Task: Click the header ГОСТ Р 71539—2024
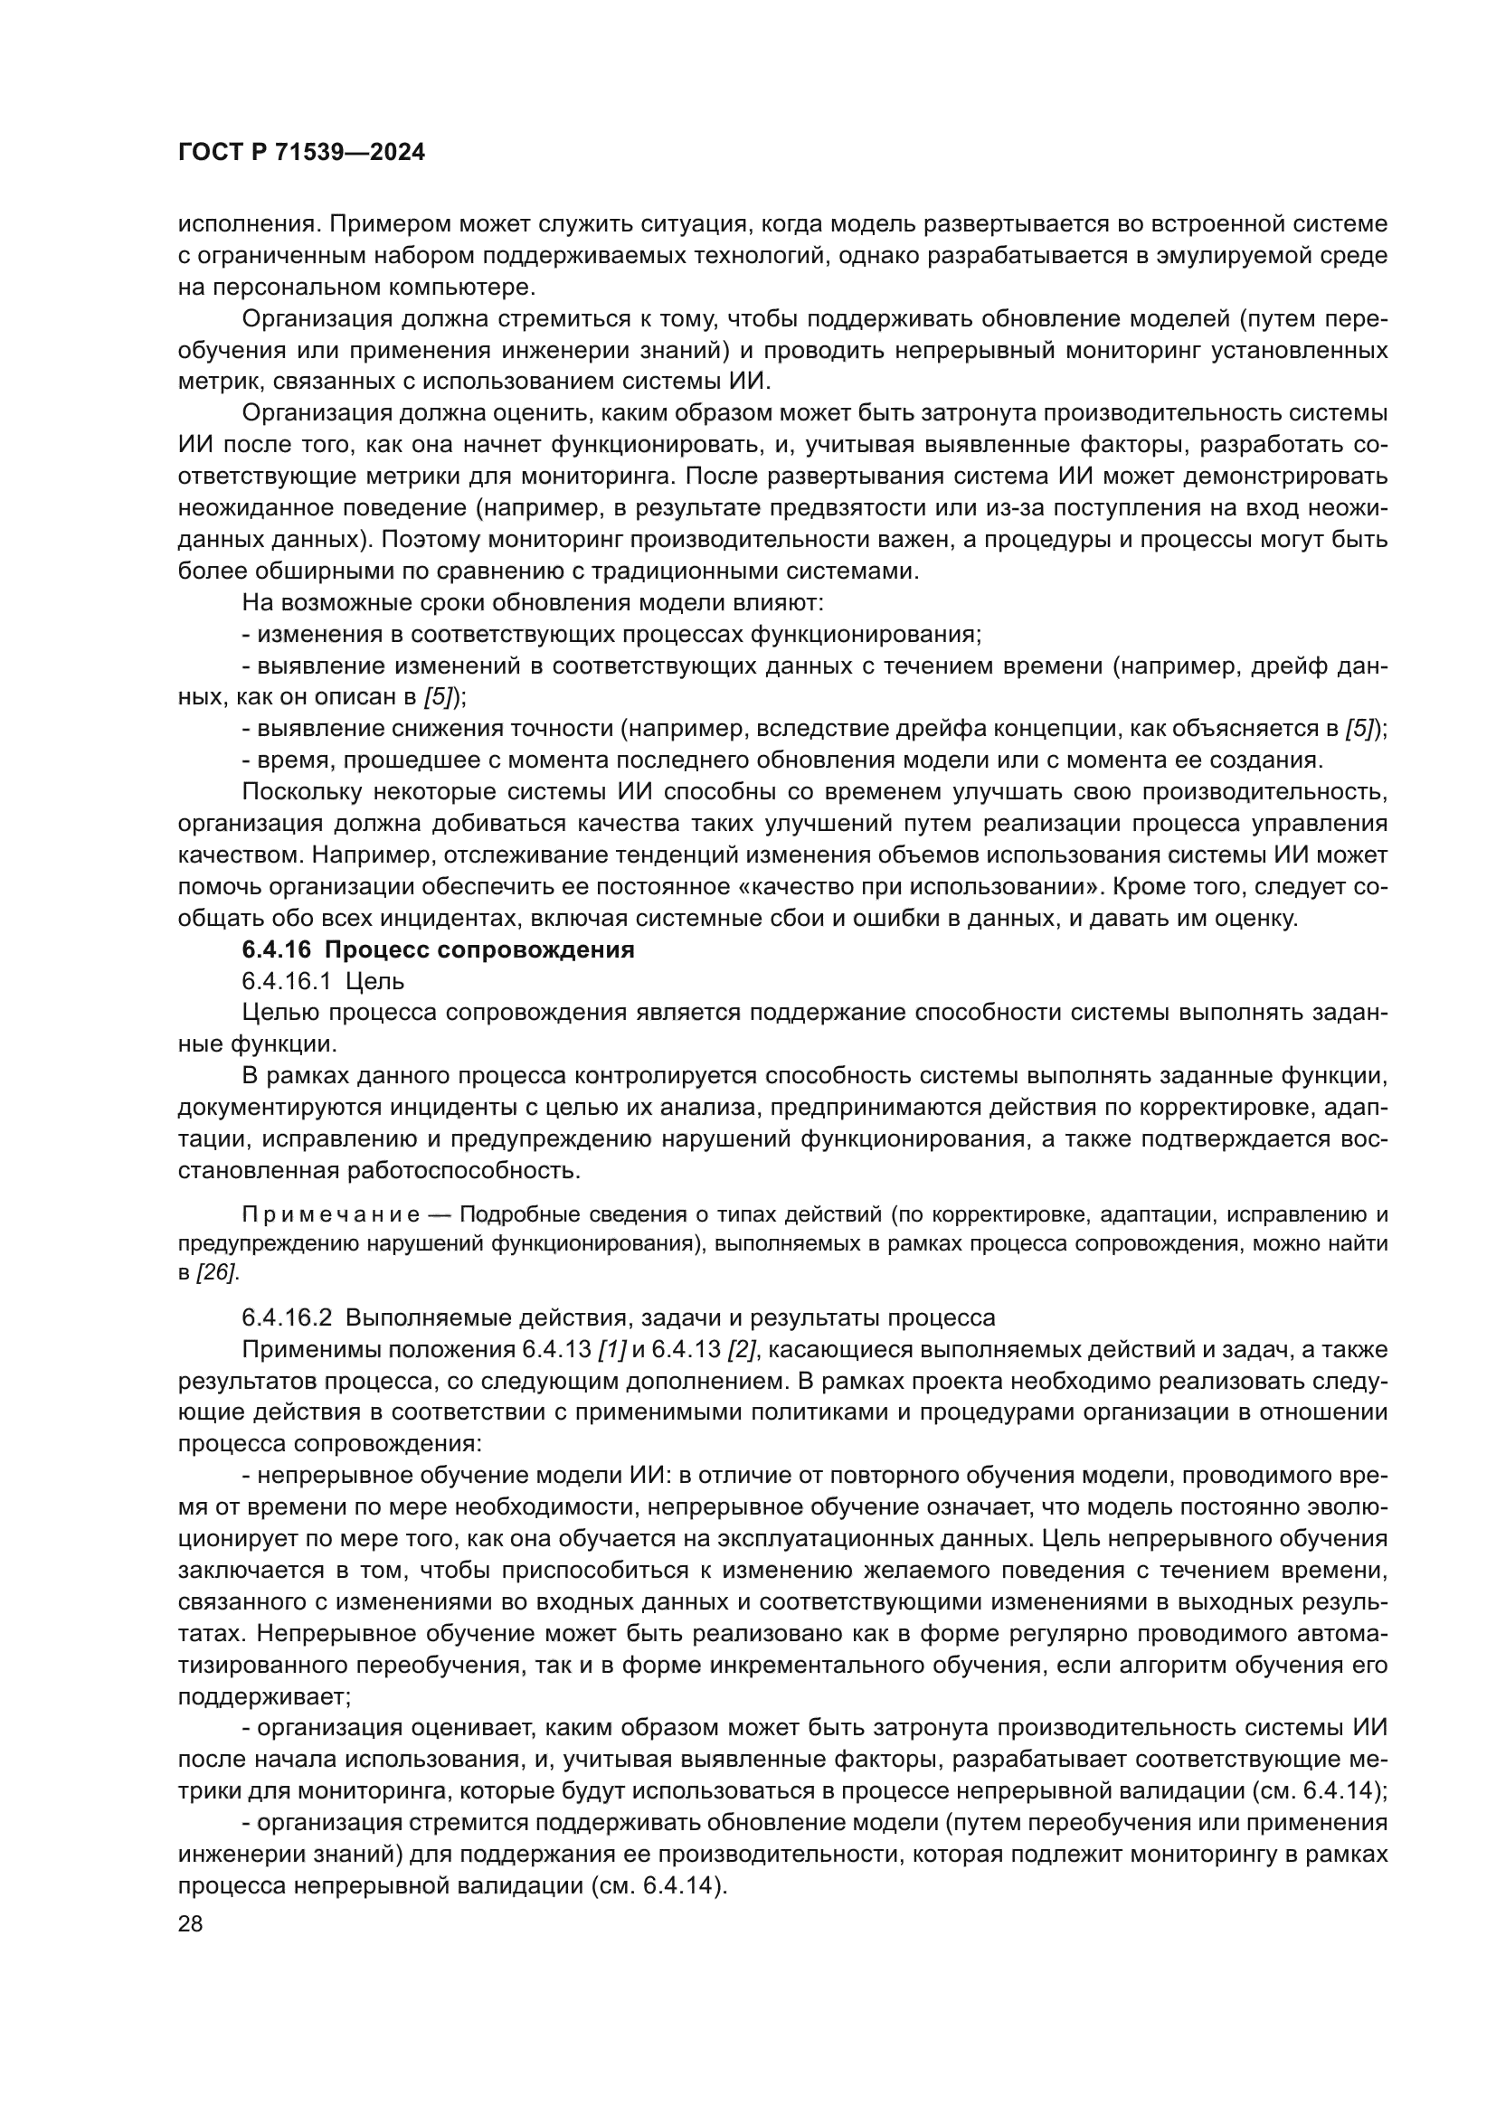click(301, 152)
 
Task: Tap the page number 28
click(190, 1923)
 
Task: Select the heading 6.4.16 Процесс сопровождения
click(438, 949)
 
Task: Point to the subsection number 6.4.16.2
click(287, 1317)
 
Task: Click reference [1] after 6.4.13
click(611, 1349)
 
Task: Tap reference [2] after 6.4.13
click(741, 1349)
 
